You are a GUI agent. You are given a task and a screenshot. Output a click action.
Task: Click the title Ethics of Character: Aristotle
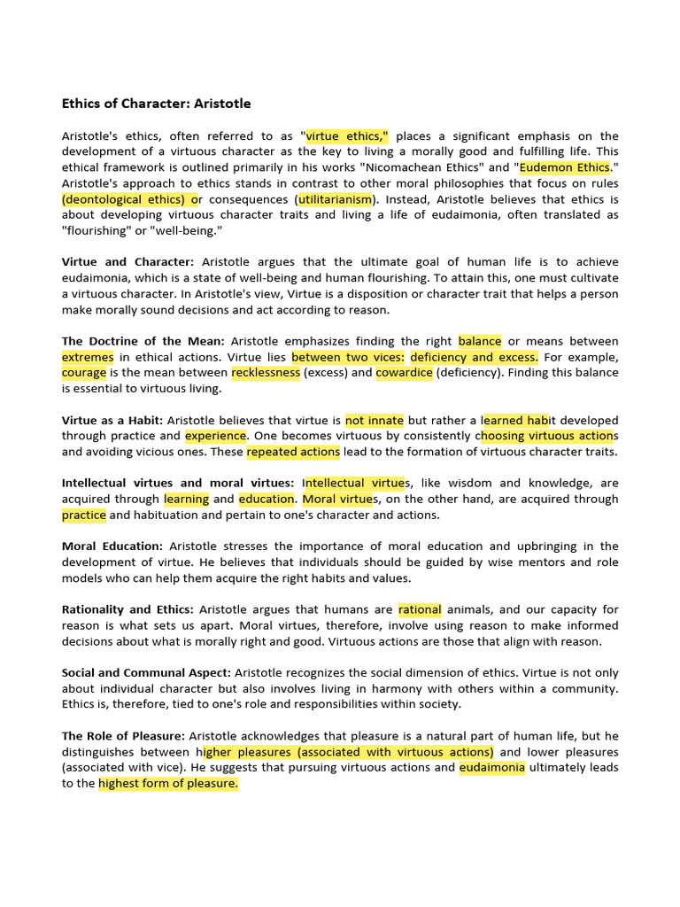pos(156,104)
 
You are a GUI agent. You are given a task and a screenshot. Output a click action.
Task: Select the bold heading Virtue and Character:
pos(127,262)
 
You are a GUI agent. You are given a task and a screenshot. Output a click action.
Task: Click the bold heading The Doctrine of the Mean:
pos(143,341)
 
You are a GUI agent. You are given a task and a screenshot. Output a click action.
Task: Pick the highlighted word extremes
pos(88,357)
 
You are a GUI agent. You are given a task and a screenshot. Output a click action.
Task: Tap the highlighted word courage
pos(84,373)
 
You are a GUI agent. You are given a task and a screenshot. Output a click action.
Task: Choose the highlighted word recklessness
pos(266,373)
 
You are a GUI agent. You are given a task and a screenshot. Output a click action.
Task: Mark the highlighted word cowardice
pos(404,373)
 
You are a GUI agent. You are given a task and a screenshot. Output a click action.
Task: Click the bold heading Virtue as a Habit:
pos(112,420)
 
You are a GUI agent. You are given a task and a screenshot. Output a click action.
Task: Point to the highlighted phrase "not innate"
pos(375,420)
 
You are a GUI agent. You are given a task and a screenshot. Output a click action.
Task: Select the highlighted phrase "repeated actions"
pos(293,452)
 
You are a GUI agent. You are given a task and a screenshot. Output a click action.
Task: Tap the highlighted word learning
pos(186,499)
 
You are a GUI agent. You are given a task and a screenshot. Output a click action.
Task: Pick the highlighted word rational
pos(420,609)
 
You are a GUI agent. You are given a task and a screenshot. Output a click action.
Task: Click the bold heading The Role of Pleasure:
pos(123,736)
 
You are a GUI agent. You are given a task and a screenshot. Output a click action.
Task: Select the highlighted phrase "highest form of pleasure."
pos(168,784)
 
